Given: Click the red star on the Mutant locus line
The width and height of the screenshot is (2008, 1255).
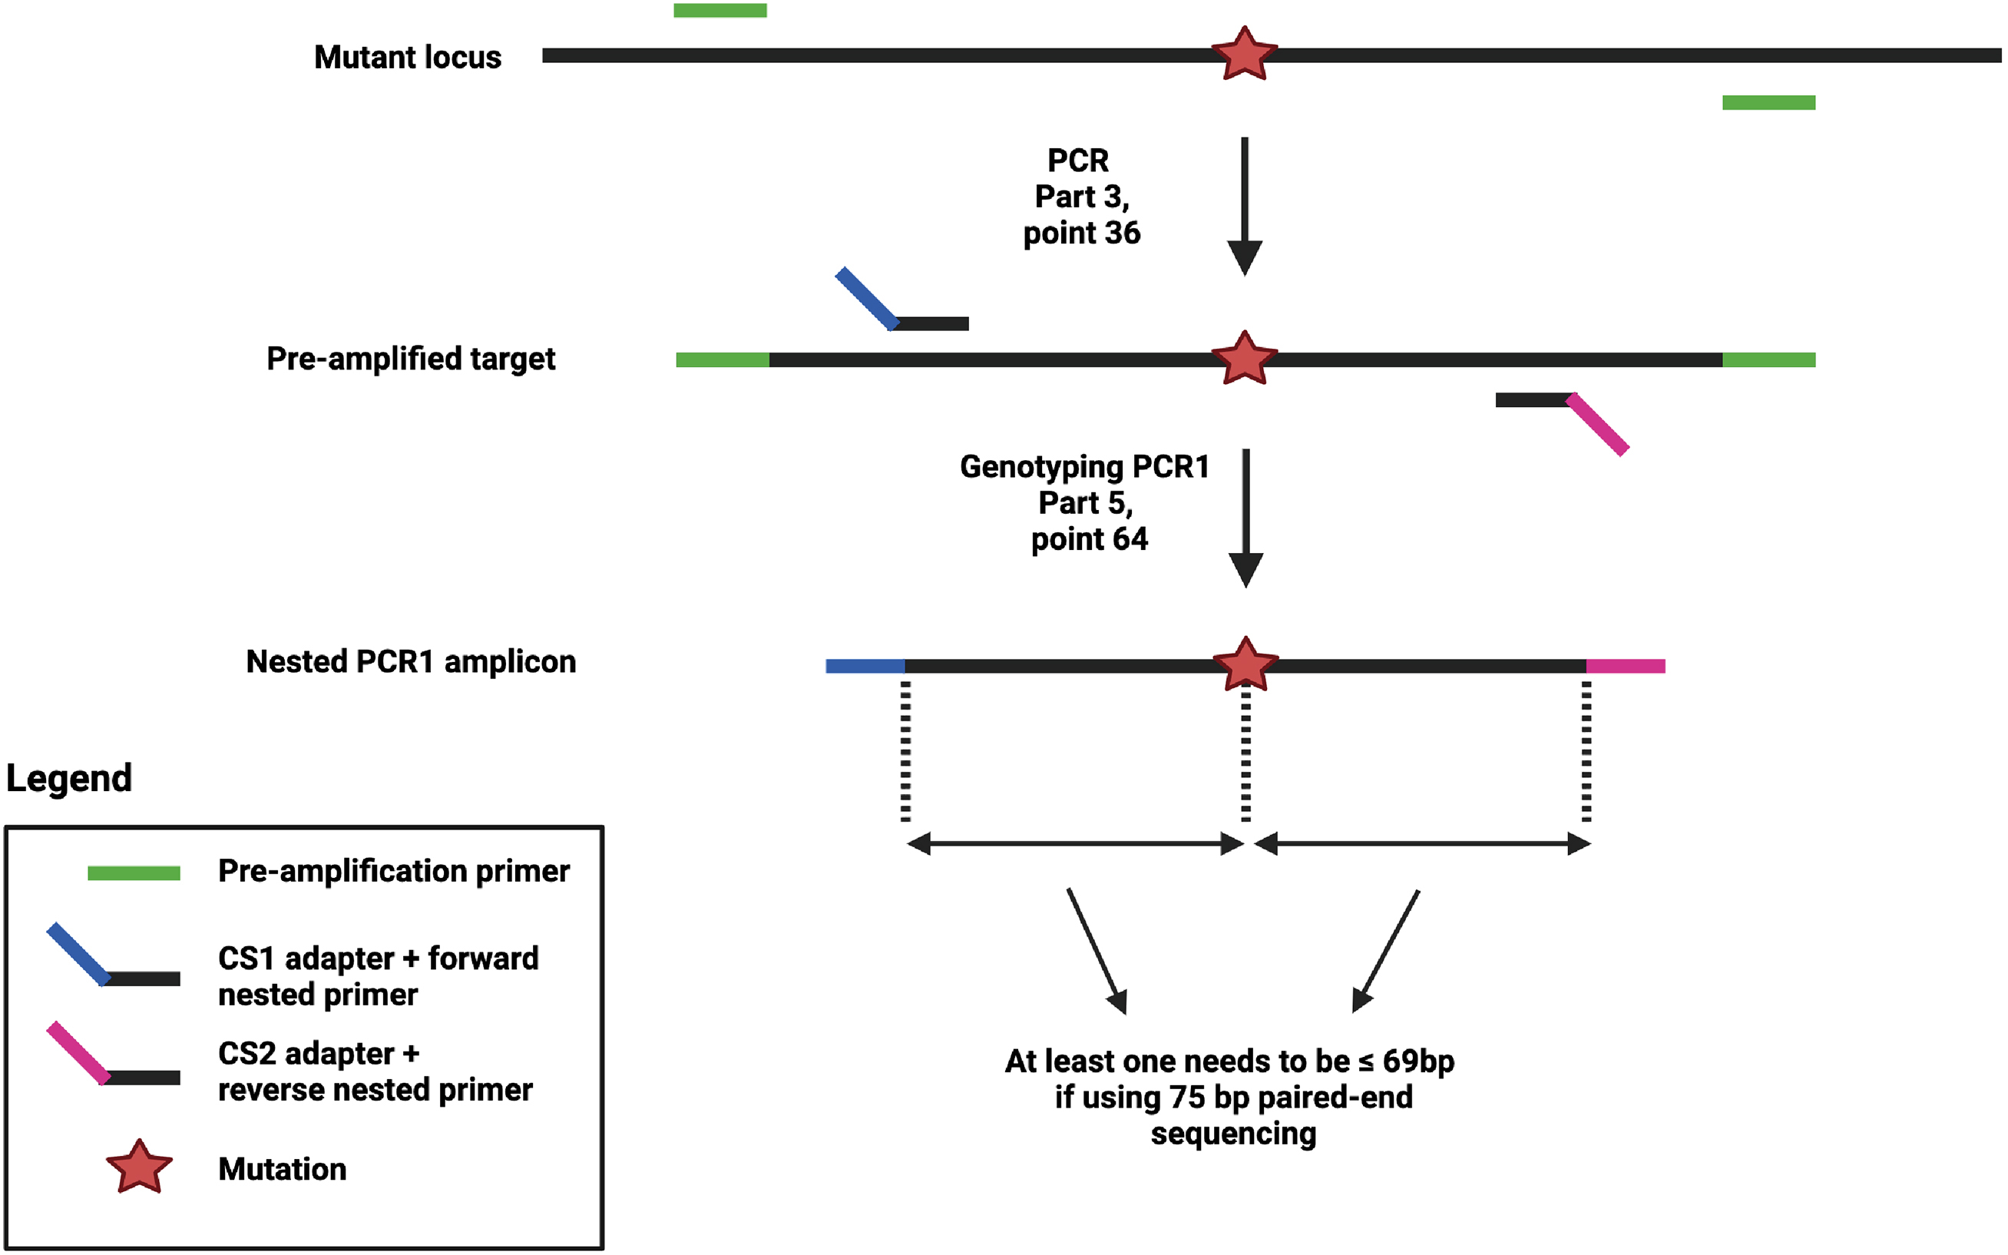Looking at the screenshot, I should [x=1244, y=54].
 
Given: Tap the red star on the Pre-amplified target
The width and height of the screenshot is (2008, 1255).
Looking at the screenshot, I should [x=1244, y=359].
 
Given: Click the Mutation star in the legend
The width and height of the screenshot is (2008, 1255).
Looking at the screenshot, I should [x=140, y=1167].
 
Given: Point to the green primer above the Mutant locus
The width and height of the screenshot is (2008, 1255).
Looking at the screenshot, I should [x=720, y=11].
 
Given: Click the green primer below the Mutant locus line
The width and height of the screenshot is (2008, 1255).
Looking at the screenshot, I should [x=1768, y=102].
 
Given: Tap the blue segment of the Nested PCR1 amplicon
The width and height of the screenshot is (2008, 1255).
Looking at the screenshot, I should [x=865, y=666].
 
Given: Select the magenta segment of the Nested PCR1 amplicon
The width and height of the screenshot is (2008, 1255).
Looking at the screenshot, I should [x=1625, y=666].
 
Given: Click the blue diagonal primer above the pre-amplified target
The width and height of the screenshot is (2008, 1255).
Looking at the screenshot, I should [x=867, y=299].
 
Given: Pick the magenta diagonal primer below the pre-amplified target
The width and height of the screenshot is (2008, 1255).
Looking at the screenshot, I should [x=1597, y=424].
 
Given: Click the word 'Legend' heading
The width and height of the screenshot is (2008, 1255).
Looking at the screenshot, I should [x=69, y=778].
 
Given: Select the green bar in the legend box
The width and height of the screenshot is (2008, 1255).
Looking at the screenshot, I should [x=134, y=873].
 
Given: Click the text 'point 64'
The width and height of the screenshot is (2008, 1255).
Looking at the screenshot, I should [x=1089, y=539].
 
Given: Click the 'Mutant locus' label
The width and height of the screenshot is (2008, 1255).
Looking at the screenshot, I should [x=408, y=58].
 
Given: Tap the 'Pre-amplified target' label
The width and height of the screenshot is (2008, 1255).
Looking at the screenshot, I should [x=411, y=359].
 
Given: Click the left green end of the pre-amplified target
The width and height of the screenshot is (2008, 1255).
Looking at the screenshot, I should [x=722, y=359].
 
